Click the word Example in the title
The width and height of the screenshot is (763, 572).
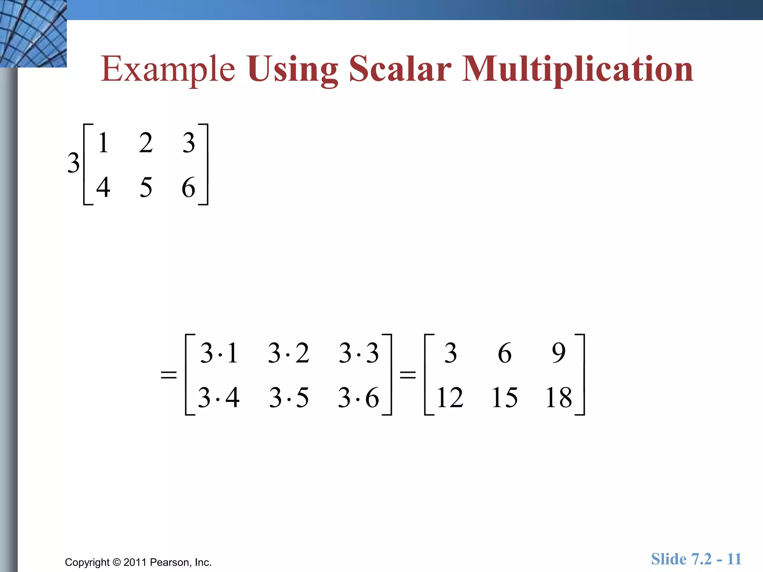(x=168, y=70)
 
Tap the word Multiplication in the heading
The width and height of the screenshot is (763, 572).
(x=577, y=70)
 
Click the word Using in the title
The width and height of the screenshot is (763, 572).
(x=292, y=70)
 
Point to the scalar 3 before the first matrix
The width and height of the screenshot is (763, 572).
(x=73, y=163)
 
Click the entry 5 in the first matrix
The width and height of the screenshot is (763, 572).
(x=146, y=187)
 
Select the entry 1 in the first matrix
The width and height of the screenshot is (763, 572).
(x=104, y=143)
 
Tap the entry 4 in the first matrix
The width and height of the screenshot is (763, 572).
(x=103, y=187)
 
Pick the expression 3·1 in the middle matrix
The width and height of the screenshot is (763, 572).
(x=219, y=353)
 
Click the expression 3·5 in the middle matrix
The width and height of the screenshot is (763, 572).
(x=289, y=397)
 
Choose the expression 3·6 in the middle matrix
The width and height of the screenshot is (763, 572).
(x=358, y=397)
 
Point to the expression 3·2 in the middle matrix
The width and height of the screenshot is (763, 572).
(x=289, y=353)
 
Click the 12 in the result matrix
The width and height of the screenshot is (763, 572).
(x=450, y=397)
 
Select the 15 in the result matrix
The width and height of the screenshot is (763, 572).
(x=504, y=397)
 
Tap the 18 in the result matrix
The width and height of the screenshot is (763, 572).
(x=558, y=397)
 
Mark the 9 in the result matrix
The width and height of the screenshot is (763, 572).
(x=558, y=353)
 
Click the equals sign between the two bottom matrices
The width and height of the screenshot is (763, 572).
(x=408, y=374)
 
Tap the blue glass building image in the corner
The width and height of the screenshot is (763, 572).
(x=33, y=34)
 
